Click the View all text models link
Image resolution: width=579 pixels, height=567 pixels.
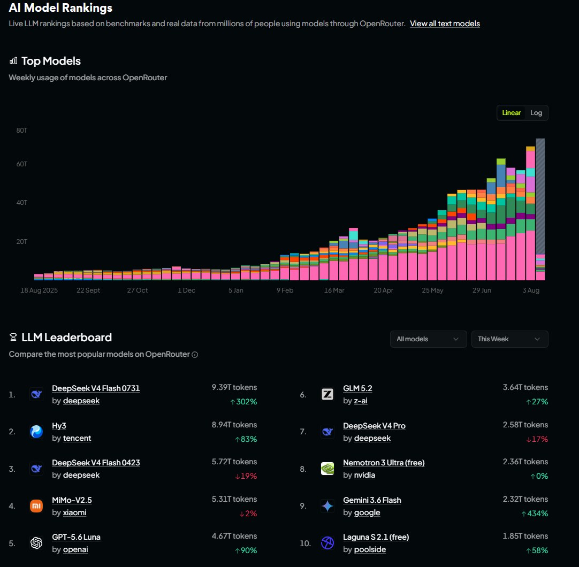[x=445, y=24]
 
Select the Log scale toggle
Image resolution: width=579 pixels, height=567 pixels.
[x=536, y=113]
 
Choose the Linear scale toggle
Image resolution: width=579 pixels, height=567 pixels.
[x=511, y=113]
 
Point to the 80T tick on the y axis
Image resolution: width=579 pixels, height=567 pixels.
[x=22, y=131]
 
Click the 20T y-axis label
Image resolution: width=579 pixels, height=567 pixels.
[x=22, y=241]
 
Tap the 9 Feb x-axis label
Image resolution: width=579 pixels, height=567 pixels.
[x=285, y=290]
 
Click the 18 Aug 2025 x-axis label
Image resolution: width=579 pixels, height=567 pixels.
[x=39, y=290]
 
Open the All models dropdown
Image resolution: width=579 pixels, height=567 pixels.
[x=428, y=339]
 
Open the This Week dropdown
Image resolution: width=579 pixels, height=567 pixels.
[x=509, y=339]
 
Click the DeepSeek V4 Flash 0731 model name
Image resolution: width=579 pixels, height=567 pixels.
[x=96, y=388]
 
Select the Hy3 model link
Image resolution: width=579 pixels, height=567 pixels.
[x=59, y=426]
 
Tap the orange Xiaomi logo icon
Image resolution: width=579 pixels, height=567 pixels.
[x=36, y=505]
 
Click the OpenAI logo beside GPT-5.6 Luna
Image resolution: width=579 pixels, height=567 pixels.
[x=36, y=543]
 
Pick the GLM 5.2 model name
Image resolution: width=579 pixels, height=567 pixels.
[x=357, y=388]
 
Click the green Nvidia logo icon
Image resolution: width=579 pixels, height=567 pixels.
[x=327, y=469]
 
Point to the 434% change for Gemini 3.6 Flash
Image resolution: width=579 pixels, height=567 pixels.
[x=535, y=514]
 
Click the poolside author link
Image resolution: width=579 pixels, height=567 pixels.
[x=370, y=549]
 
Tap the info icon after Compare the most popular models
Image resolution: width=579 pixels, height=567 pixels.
[x=195, y=355]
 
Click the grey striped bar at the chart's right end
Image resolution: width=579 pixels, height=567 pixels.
[x=540, y=196]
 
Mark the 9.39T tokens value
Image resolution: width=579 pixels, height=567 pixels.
[x=234, y=387]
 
